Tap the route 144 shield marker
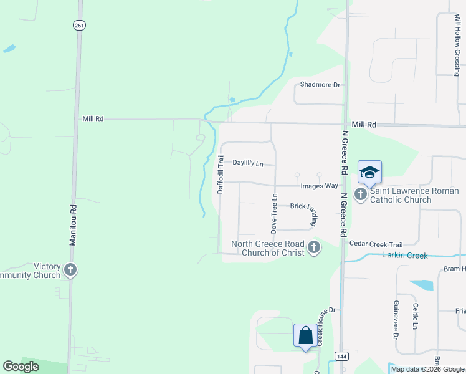341,356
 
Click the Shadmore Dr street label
320,85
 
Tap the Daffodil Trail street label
221,174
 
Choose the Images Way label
319,186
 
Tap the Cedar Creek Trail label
376,244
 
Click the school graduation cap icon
369,172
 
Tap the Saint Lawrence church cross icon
361,194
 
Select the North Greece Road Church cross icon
313,248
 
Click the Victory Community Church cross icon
70,270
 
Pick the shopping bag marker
305,335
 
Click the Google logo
21,367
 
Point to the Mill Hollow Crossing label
457,41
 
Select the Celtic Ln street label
416,317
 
